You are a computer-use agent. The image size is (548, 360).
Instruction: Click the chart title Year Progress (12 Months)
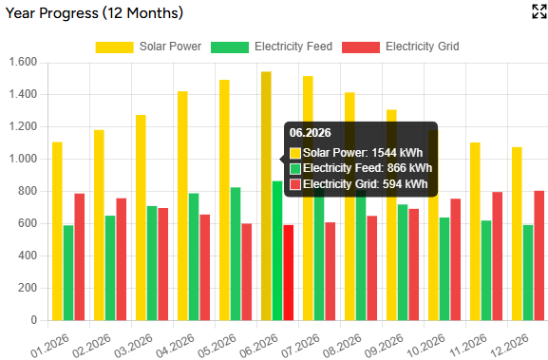point(92,13)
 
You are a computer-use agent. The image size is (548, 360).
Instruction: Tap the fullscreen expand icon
point(538,12)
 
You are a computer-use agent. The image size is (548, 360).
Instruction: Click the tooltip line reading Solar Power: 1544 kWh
point(356,152)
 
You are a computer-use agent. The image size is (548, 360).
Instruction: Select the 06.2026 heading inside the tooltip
point(310,133)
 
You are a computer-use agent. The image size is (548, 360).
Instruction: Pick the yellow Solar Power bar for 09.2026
point(391,215)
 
